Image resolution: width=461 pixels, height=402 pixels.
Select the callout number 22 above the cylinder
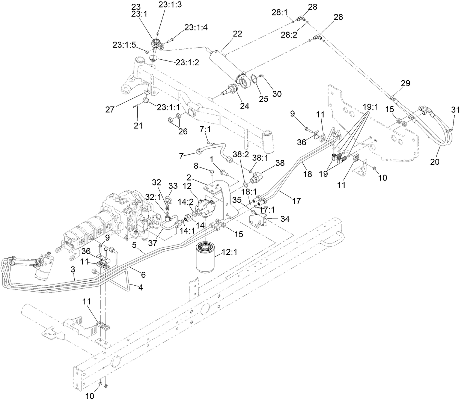click(x=238, y=34)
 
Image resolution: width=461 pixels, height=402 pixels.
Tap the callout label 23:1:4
click(x=196, y=27)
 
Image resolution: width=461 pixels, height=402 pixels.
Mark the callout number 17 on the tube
click(x=296, y=201)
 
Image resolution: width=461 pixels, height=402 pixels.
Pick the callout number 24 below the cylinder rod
click(x=244, y=106)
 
